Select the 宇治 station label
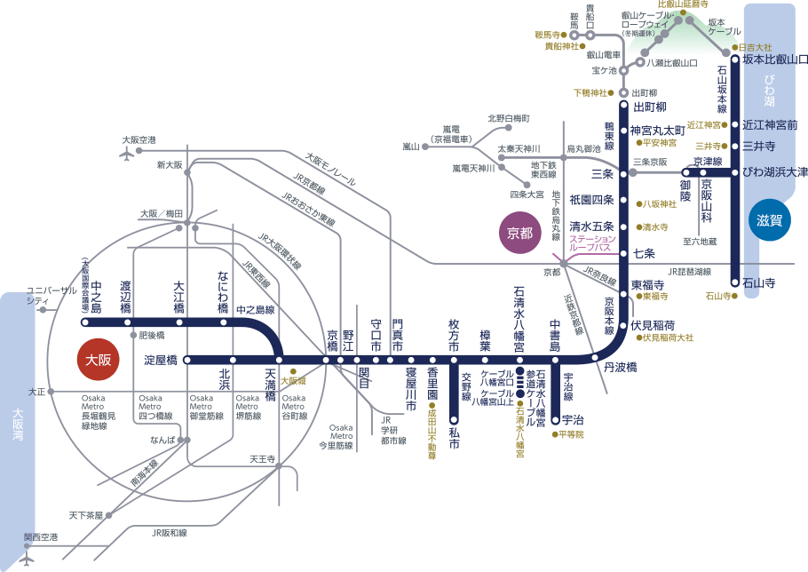[x=572, y=419]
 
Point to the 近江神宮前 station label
[x=770, y=124]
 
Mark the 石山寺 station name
[x=759, y=283]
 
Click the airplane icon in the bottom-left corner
[x=27, y=560]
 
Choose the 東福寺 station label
[x=649, y=285]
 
